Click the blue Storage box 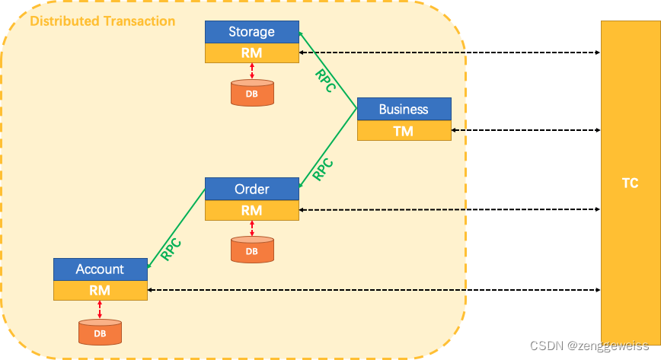251,32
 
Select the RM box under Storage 251,53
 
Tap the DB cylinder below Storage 251,92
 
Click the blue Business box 404,109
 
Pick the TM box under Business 404,131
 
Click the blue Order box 251,189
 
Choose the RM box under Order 251,210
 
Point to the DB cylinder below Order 251,250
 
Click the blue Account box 100,269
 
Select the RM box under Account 100,290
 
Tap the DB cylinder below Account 100,332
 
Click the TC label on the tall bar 630,183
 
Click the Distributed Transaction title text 102,21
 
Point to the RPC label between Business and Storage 326,81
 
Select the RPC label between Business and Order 324,168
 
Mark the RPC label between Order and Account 171,249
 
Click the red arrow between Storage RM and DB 251,71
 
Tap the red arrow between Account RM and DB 100,309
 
